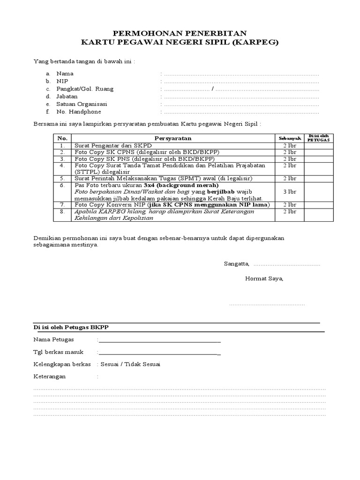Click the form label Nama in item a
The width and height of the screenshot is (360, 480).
pos(65,74)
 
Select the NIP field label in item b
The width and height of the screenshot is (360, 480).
pos(62,81)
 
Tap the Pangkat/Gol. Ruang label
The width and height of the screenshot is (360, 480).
pos(85,89)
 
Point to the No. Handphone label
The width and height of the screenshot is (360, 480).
pos(78,112)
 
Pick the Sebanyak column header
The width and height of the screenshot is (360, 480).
pos(290,138)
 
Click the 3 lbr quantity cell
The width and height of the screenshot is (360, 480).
pos(290,192)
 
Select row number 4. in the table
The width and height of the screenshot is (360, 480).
pos(62,165)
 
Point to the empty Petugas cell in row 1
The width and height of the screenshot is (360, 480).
pos(319,146)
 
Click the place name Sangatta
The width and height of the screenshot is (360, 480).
pos(237,263)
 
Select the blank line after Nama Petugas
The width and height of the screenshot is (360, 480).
pos(159,340)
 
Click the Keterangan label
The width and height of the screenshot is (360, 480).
pos(50,376)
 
